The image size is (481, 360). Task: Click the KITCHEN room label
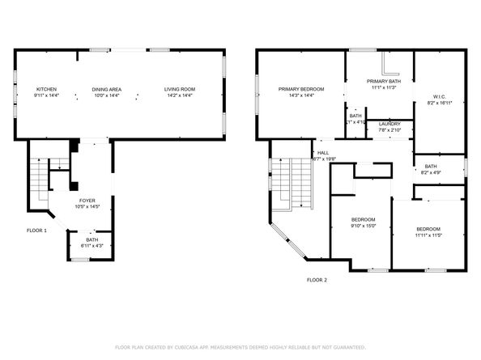[45, 89]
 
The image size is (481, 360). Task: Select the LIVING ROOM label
[180, 89]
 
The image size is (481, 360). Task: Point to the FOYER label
[88, 200]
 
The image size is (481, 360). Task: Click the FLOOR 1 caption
[37, 231]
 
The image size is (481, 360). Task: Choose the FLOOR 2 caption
[317, 280]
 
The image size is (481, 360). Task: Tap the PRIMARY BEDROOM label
[301, 89]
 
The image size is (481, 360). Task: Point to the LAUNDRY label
[389, 124]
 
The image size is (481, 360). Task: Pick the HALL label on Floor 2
[322, 152]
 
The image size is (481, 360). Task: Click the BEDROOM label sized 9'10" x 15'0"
[363, 220]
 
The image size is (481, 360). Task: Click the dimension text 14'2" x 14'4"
[180, 95]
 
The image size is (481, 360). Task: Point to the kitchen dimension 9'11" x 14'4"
[45, 95]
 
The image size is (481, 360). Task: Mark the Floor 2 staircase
[300, 182]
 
